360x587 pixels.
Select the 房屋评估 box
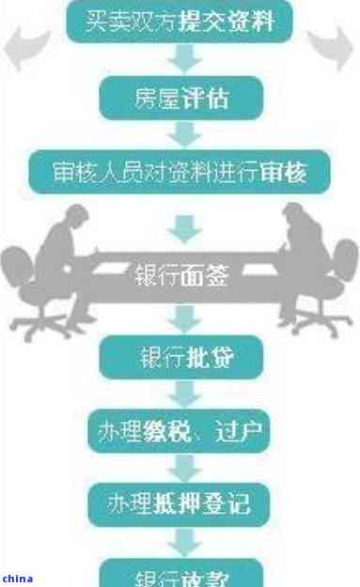(x=180, y=97)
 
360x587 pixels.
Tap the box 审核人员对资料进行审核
(x=180, y=173)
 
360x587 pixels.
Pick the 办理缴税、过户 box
(x=180, y=432)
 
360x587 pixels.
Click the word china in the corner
(x=17, y=579)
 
